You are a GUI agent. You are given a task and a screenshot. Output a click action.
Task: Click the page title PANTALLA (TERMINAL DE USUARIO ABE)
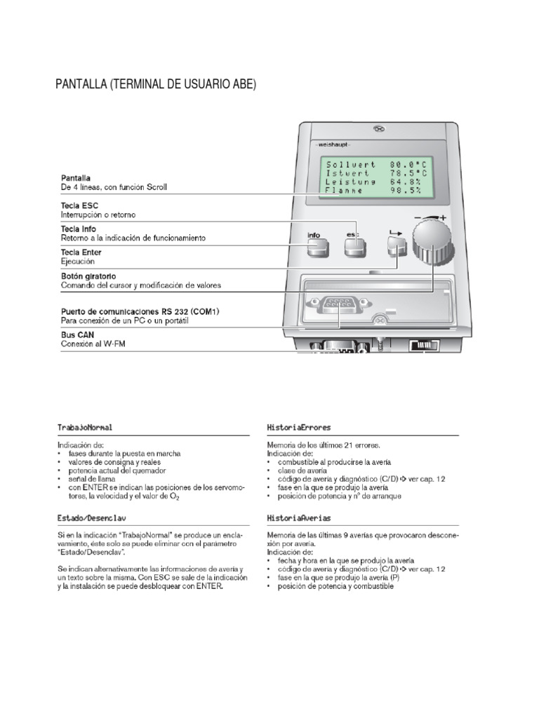(x=156, y=85)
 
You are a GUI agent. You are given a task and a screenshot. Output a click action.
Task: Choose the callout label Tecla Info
(x=79, y=229)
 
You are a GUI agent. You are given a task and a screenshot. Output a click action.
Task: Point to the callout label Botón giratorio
(x=88, y=276)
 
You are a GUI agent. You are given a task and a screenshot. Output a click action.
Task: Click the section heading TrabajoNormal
(x=85, y=427)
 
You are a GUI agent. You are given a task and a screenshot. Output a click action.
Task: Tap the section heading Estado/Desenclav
(x=91, y=518)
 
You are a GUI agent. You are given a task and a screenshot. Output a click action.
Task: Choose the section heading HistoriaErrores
(x=299, y=427)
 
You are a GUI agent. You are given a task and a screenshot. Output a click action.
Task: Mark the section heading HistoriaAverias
(x=299, y=518)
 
